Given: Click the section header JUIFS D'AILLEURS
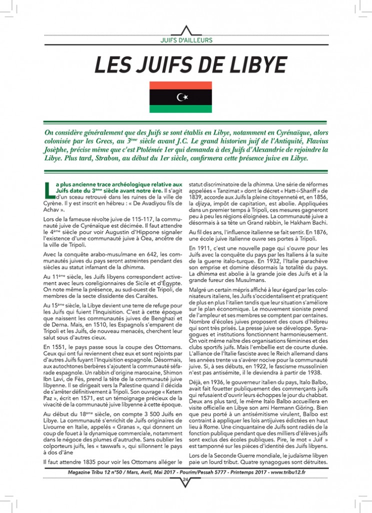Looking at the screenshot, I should click(186, 40).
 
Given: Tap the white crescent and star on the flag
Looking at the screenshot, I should click(183, 96).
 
